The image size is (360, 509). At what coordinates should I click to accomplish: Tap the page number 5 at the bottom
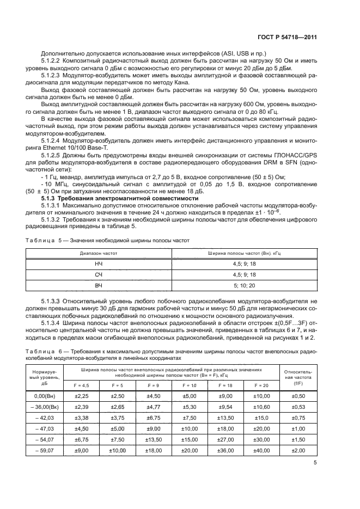click(316, 463)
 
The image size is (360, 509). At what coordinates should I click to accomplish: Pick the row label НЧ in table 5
click(99, 263)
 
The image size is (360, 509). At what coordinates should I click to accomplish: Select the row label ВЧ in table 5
click(99, 285)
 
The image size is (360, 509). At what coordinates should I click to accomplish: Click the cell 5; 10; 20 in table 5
click(244, 285)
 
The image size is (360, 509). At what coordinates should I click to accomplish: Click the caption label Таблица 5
click(44, 240)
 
